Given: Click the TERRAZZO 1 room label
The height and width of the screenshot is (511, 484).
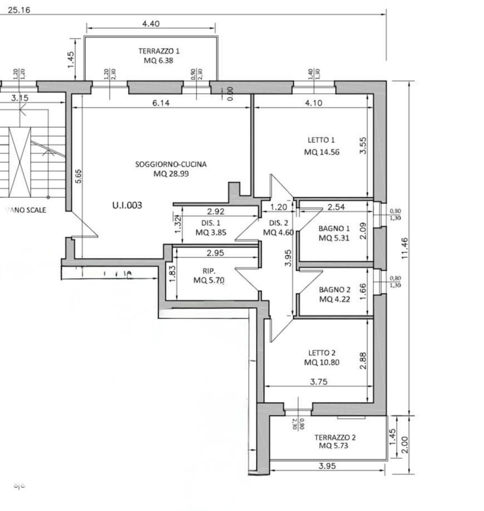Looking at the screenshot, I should click(x=159, y=51).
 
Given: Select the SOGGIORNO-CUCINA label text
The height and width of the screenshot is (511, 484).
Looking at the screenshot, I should click(x=171, y=164).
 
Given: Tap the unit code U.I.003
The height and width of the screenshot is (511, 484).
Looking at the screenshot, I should click(x=127, y=205).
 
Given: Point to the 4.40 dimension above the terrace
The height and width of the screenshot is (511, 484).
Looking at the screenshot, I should click(x=151, y=24).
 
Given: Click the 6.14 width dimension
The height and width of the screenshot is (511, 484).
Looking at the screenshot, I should click(x=161, y=103).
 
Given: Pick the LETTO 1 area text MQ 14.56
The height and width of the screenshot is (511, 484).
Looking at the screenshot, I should click(x=322, y=152).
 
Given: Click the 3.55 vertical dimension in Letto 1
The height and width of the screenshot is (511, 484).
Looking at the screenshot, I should click(x=363, y=146).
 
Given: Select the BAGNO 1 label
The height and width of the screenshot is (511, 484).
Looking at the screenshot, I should click(x=334, y=229).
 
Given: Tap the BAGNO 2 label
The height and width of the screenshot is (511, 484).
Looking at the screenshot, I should click(x=335, y=290).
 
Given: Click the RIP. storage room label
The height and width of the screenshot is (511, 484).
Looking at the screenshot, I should click(x=209, y=271).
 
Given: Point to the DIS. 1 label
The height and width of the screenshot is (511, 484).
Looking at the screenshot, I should click(x=211, y=223).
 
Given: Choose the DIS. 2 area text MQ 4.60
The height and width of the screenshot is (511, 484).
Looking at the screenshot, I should click(x=278, y=232).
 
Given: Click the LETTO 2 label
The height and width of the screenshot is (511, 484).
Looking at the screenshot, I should click(x=322, y=353).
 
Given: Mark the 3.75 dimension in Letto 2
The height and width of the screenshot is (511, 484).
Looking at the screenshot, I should click(x=318, y=382).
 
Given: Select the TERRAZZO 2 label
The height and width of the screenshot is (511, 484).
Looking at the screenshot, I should click(x=335, y=437).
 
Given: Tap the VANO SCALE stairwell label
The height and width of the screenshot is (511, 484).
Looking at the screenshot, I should click(x=26, y=210).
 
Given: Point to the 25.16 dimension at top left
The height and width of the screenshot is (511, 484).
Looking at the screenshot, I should click(x=19, y=10).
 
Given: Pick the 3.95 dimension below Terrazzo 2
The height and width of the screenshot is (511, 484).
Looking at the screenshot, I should click(x=327, y=466).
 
